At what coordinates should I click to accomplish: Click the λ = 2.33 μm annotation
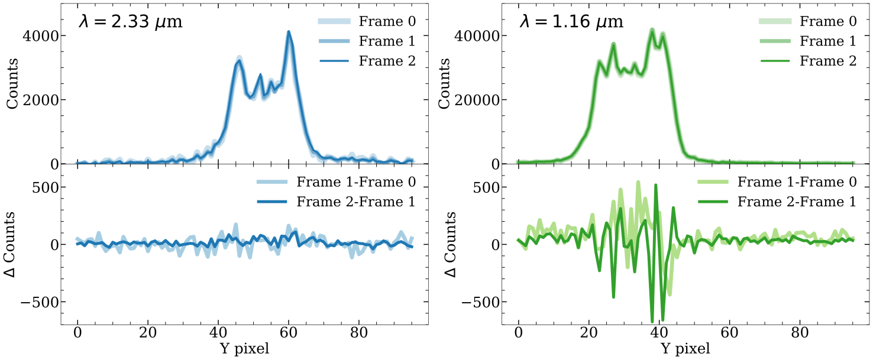[130, 22]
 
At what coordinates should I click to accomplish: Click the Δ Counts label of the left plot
[12, 244]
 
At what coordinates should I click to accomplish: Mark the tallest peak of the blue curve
[289, 32]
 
